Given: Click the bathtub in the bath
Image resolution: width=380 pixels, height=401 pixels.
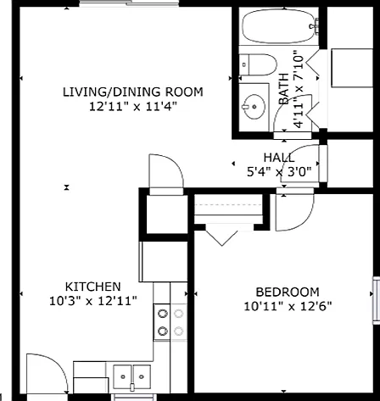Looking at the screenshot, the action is click(279, 26).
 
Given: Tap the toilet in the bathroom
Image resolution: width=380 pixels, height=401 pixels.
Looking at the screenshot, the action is click(258, 64).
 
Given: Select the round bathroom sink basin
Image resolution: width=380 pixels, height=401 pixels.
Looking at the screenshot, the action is click(254, 107).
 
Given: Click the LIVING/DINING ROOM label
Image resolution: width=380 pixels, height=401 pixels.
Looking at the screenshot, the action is click(132, 92).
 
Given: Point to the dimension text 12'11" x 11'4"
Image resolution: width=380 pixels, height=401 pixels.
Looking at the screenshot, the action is click(133, 107).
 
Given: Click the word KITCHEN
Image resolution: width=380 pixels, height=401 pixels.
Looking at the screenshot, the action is click(93, 287).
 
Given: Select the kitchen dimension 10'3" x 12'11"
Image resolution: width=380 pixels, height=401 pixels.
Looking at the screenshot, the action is click(93, 301).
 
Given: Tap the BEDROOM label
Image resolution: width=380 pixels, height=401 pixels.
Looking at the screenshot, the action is click(288, 292).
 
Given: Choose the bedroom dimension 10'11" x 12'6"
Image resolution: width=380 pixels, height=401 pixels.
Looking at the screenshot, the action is click(288, 306).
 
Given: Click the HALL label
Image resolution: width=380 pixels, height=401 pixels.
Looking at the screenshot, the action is click(279, 158).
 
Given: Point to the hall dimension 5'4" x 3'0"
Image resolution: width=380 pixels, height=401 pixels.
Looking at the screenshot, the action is click(279, 171).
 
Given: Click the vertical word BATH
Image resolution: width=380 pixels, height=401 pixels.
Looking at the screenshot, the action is click(284, 89).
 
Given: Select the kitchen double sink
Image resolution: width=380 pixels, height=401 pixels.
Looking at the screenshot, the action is click(132, 377).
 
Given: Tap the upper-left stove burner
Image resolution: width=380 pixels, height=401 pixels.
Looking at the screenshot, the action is click(163, 314).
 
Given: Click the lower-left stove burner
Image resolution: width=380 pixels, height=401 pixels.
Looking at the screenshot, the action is click(163, 331).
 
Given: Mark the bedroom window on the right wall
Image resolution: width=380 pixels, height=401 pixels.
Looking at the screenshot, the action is click(377, 300).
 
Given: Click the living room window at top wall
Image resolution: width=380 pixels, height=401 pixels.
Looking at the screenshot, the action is click(129, 3).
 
